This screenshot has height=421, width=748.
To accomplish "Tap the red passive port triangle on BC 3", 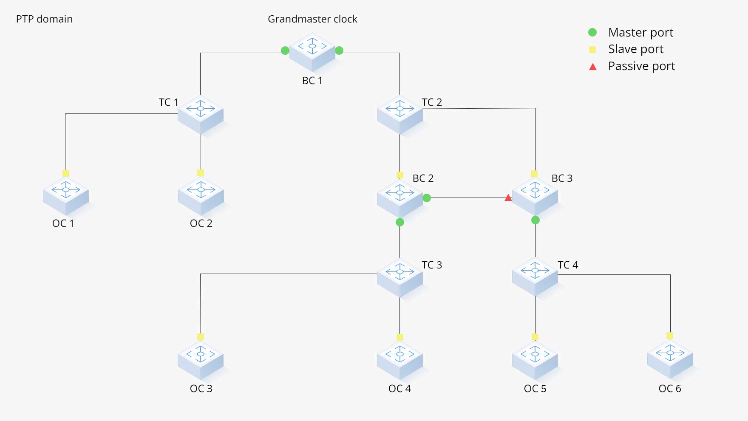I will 508,198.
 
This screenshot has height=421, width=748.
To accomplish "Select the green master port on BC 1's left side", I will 285,51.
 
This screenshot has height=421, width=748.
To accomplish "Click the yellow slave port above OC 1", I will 66,173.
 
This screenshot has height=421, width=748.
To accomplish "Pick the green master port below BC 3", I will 535,220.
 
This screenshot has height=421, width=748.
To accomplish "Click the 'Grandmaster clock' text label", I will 312,19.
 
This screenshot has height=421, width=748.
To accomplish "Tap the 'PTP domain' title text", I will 44,19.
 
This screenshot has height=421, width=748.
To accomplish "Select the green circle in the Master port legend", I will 592,32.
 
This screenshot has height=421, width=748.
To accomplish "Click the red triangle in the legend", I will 593,67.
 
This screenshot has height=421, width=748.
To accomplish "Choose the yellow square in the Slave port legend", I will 592,50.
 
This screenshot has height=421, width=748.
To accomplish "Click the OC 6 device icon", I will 670,359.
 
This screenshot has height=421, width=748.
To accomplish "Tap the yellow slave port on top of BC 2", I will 400,175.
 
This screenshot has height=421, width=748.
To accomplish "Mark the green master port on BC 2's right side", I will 427,198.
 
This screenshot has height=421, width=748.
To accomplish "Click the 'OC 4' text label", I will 399,389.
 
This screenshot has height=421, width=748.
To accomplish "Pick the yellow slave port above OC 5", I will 535,337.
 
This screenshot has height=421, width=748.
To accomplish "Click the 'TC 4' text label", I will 568,265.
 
